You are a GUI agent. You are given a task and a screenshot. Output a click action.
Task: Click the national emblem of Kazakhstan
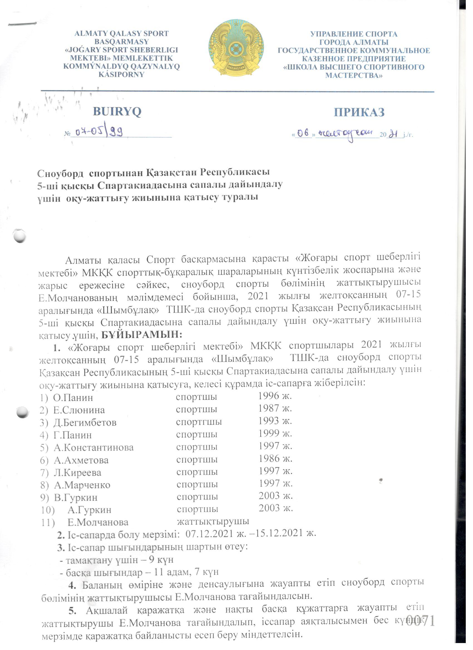(x=236, y=48)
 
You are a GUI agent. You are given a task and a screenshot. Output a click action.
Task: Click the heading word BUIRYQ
(x=117, y=112)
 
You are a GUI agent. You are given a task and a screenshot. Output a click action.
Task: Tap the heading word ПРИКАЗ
(x=359, y=112)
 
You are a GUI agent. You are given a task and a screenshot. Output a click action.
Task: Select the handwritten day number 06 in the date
(x=303, y=133)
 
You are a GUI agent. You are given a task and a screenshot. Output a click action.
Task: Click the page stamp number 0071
(x=420, y=621)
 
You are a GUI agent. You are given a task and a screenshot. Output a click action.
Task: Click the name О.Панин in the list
(x=73, y=398)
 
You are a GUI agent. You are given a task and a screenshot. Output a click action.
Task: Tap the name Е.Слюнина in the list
(x=79, y=410)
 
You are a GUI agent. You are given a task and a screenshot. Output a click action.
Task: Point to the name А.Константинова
(x=93, y=447)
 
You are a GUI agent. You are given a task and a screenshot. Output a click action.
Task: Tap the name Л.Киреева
(x=77, y=473)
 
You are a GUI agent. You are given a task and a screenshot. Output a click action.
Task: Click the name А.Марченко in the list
(x=82, y=485)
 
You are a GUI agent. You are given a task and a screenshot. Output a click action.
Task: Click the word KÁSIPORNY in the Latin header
(x=121, y=75)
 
